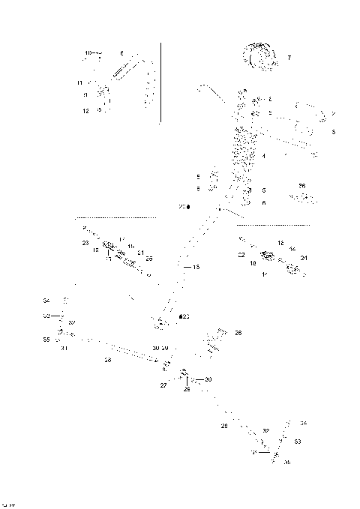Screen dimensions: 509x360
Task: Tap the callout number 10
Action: click(x=88, y=53)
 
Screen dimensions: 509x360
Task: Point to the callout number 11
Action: click(x=79, y=82)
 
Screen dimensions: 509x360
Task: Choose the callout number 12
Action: click(x=86, y=110)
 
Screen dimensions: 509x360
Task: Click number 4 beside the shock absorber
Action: click(x=263, y=156)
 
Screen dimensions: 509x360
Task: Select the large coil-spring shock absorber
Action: click(x=243, y=150)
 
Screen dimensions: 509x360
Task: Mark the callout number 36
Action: click(x=301, y=185)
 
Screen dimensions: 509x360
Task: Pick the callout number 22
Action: click(x=241, y=255)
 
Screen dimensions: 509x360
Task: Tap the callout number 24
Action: click(x=304, y=258)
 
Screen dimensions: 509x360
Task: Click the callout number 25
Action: click(x=149, y=259)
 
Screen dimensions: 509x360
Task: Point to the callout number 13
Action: click(x=196, y=267)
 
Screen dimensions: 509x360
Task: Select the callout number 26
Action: click(x=238, y=332)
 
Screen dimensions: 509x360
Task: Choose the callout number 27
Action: click(x=163, y=385)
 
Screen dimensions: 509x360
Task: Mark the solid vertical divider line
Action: click(x=161, y=82)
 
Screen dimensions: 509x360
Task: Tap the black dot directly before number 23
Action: click(x=181, y=317)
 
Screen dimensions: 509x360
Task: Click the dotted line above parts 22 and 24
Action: click(x=273, y=224)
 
